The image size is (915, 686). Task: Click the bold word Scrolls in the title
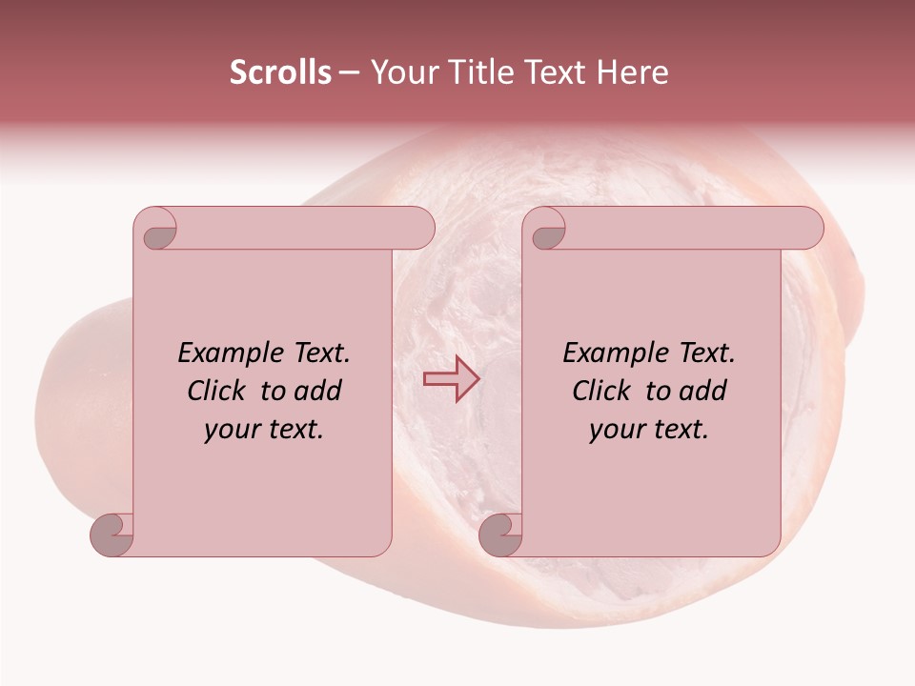click(x=280, y=72)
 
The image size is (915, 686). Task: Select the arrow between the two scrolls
click(x=451, y=379)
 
